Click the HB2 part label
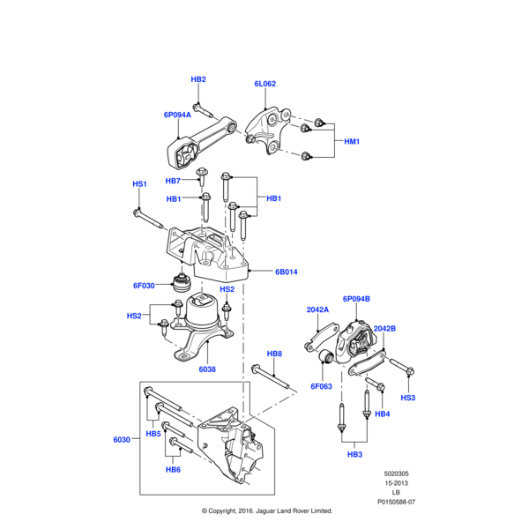[198, 79]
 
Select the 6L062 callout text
[265, 84]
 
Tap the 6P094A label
[176, 115]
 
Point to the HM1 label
[352, 141]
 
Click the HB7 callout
[174, 181]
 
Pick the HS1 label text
[139, 184]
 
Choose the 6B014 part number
[287, 272]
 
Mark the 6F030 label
[144, 286]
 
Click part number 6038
[207, 369]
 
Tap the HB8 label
[274, 354]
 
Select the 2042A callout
[317, 310]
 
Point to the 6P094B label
[356, 298]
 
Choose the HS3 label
[408, 398]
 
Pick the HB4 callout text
[382, 414]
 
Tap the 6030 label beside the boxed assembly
[122, 439]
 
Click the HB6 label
[173, 470]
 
